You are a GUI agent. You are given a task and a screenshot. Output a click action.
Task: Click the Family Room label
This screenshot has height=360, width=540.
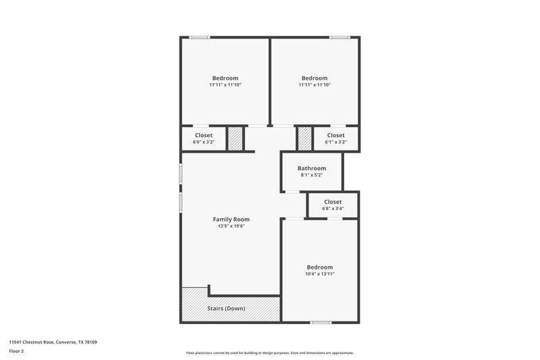232,219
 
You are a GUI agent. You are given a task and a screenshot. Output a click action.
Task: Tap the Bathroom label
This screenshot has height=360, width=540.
312,168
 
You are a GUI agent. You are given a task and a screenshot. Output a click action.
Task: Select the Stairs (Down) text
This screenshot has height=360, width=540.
225,309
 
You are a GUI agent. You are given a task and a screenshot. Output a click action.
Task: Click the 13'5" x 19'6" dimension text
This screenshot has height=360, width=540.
232,226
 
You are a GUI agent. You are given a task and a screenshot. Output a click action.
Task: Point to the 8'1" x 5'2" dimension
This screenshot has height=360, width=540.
312,176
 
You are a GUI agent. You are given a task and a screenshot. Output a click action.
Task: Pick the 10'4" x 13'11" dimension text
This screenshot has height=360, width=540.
319,274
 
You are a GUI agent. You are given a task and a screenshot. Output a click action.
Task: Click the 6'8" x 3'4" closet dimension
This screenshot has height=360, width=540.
333,209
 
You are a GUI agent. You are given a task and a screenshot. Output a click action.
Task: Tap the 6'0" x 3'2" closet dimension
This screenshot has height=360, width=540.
203,143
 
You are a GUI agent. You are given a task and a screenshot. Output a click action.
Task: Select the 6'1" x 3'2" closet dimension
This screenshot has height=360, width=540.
335,143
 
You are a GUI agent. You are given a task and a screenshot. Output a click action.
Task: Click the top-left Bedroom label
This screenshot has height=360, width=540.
225,78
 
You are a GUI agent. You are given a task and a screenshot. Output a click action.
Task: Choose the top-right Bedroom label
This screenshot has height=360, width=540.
315,78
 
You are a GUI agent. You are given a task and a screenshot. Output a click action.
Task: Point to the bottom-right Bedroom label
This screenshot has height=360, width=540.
319,267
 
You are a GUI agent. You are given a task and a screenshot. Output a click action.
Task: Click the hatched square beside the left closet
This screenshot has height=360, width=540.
234,138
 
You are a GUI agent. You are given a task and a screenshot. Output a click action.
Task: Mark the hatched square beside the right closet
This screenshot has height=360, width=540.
304,138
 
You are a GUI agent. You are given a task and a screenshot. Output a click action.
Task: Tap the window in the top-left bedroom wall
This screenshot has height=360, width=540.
199,37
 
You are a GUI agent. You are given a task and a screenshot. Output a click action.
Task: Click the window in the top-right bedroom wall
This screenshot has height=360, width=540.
340,37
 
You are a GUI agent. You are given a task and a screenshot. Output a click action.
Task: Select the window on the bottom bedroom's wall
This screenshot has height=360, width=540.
320,322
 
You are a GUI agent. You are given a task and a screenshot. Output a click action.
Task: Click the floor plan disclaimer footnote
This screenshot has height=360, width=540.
269,353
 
